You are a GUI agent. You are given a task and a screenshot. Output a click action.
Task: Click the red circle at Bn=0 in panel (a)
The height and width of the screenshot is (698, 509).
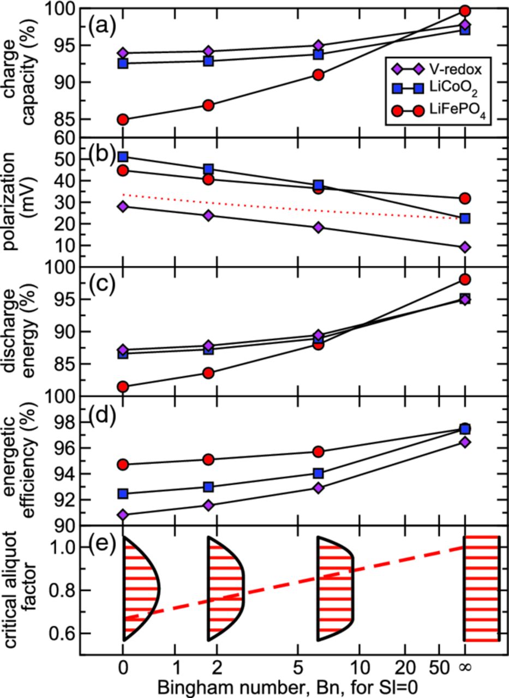pos(123,119)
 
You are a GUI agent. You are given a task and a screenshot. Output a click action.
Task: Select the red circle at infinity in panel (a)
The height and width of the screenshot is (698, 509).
pos(465,11)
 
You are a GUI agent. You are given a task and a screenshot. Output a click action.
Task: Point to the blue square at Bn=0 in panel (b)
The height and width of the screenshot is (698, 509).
pos(123,157)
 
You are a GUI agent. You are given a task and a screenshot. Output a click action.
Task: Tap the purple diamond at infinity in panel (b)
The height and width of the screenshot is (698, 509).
pos(465,247)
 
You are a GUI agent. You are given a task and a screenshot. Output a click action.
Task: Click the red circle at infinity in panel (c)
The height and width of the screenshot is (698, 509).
pos(465,280)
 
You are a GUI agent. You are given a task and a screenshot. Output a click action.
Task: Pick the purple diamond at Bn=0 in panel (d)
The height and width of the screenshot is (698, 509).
pos(123,515)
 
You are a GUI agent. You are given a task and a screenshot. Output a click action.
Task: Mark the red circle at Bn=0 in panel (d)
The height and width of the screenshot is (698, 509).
pos(123,465)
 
